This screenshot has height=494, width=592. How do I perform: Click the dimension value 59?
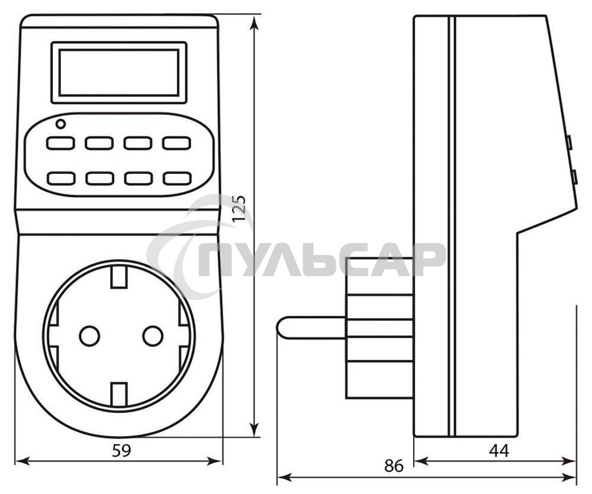tap(121, 451)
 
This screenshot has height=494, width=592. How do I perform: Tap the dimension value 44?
tap(499, 451)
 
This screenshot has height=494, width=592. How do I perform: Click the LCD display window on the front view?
tap(118, 72)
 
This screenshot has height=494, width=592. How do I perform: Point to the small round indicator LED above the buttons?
tap(60, 124)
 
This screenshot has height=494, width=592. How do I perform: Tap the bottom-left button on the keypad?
tap(60, 177)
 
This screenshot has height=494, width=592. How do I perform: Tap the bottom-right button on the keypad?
tap(176, 177)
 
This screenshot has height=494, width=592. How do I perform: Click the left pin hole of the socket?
tap(89, 336)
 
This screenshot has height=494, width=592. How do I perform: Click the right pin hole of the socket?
tap(153, 336)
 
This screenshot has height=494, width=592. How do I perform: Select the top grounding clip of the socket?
tap(120, 276)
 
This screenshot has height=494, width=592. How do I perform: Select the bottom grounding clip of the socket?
tap(120, 393)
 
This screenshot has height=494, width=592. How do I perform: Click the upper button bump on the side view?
tap(568, 143)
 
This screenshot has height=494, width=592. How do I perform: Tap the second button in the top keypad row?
tap(99, 143)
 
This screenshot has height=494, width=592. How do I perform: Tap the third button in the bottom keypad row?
tap(137, 177)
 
